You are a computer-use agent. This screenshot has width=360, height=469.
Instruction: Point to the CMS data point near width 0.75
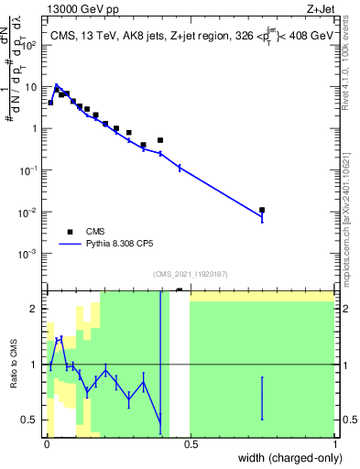tap(262, 210)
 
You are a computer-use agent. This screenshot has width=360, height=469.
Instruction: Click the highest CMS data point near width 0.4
tap(160, 140)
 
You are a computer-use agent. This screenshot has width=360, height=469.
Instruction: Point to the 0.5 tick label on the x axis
tap(191, 444)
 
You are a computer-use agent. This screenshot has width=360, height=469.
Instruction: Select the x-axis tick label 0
tap(47, 444)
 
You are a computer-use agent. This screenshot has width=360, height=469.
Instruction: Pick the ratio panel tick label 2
tap(37, 309)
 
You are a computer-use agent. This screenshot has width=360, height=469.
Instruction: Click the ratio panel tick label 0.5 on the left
tap(32, 420)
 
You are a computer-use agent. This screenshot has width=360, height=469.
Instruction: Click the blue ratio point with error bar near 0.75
tap(262, 398)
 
